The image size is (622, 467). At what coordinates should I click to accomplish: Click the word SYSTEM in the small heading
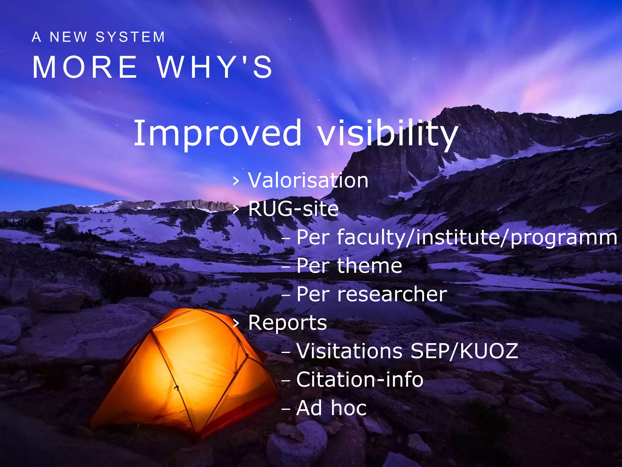click(130, 37)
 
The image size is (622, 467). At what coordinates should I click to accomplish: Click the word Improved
click(217, 133)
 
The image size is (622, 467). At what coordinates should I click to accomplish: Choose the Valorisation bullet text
click(308, 180)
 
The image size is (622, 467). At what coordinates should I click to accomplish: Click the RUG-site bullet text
click(293, 209)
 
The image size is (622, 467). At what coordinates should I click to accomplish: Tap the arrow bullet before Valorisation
click(236, 181)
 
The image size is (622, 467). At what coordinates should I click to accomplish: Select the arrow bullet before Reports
click(236, 323)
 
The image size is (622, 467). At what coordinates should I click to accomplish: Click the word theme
click(370, 266)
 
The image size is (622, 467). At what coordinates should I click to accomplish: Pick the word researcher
click(392, 294)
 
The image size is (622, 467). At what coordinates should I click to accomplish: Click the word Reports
click(288, 323)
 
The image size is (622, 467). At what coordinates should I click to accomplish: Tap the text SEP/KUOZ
click(464, 351)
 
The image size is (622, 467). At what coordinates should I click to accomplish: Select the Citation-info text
click(360, 379)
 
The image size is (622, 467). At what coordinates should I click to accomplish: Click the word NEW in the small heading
click(68, 37)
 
